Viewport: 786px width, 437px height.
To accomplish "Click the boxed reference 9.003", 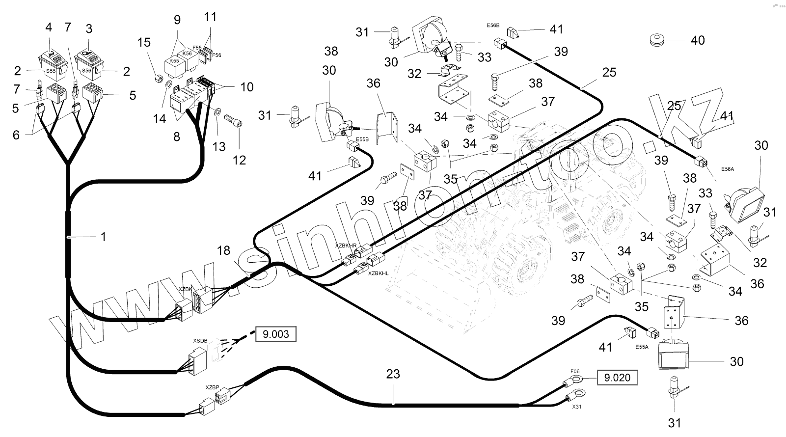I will (276, 334).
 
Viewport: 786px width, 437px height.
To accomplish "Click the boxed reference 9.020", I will (617, 378).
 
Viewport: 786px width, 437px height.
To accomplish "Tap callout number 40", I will (698, 40).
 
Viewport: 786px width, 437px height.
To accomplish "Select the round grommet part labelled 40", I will (657, 40).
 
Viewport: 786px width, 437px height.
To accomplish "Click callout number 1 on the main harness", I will (103, 237).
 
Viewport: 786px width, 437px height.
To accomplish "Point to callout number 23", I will (393, 374).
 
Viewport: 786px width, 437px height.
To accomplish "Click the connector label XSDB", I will (200, 340).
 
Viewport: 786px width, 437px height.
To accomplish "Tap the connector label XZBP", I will (213, 387).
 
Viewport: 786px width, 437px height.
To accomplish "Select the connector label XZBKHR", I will (346, 245).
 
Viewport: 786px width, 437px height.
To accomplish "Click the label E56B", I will (493, 25).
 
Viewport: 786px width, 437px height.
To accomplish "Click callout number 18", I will (223, 251).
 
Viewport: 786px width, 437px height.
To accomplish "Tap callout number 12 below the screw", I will (240, 160).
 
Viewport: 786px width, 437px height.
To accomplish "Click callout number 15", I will (144, 43).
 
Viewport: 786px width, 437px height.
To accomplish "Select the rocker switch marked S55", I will (53, 65).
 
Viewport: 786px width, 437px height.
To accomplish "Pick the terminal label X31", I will (577, 407).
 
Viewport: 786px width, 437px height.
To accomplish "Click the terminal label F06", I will (575, 371).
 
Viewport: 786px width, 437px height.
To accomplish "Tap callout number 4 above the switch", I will (48, 27).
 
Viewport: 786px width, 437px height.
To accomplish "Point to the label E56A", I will (728, 169).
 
